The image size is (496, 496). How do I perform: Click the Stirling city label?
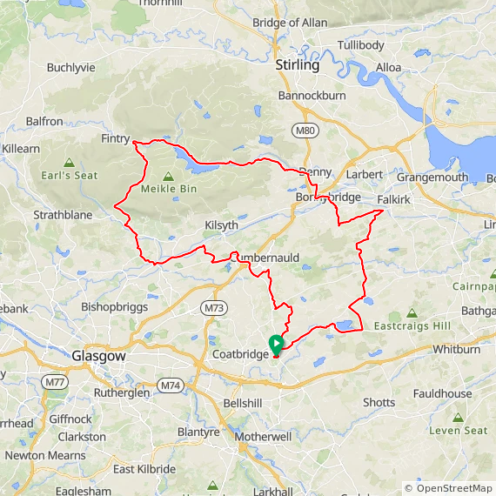click(x=297, y=65)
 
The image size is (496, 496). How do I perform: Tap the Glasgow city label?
click(x=100, y=357)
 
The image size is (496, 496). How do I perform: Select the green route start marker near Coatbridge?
click(x=276, y=344)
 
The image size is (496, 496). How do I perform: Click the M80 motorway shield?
click(x=303, y=131)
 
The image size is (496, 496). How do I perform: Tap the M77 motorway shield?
click(x=56, y=383)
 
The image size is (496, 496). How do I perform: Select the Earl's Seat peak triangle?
click(x=69, y=162)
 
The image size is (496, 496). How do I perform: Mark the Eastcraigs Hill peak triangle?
click(x=411, y=312)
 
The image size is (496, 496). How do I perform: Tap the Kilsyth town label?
click(x=221, y=225)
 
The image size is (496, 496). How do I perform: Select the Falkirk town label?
click(x=393, y=199)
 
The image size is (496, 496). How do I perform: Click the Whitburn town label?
click(x=456, y=350)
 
